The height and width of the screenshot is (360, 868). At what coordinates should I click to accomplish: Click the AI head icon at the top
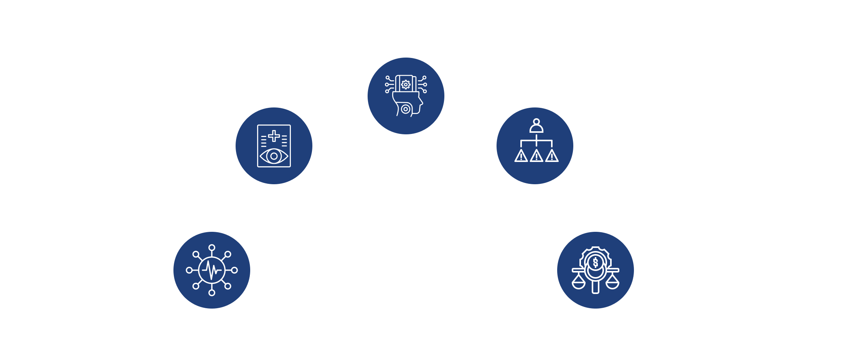click(406, 96)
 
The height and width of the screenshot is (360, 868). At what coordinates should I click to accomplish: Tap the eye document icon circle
click(274, 145)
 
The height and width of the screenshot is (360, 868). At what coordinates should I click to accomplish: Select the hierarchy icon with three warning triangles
click(536, 145)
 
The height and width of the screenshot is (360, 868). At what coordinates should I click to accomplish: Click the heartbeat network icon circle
click(211, 270)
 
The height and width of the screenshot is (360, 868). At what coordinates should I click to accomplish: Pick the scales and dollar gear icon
click(595, 270)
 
